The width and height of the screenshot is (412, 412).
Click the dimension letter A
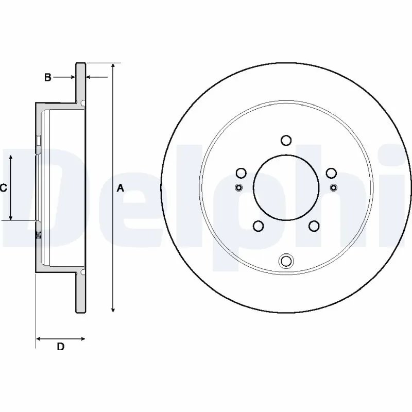(121, 188)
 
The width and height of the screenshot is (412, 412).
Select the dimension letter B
(47, 77)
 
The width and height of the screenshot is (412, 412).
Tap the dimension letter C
(3, 188)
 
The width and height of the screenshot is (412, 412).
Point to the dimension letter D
(60, 347)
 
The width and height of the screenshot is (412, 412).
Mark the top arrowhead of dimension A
(113, 66)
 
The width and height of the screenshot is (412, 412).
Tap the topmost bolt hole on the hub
(286, 140)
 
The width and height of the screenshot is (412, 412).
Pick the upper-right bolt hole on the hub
(331, 173)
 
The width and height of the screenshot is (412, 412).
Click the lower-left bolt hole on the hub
(258, 226)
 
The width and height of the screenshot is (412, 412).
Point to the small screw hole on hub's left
(238, 187)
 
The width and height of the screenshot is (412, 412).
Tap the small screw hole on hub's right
(334, 187)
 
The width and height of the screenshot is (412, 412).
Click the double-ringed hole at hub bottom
(286, 261)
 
